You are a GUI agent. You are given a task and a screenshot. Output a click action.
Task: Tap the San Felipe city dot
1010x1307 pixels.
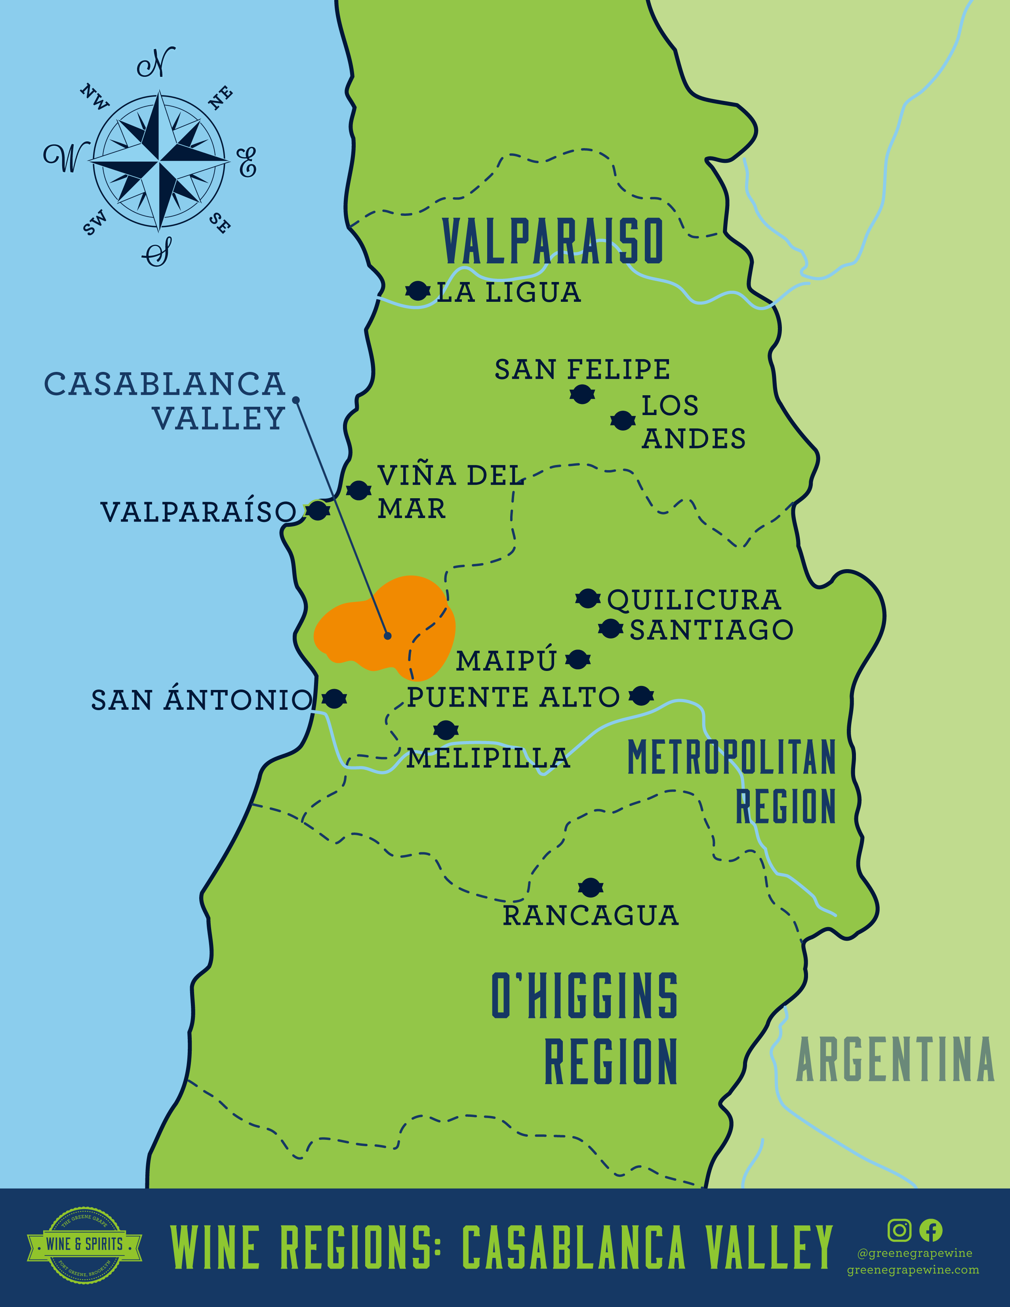point(581,394)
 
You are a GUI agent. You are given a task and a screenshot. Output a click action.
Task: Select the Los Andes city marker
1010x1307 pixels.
point(622,421)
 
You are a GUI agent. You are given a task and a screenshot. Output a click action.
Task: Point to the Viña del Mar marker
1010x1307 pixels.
point(358,491)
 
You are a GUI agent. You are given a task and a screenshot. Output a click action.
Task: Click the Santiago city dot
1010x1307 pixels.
point(610,629)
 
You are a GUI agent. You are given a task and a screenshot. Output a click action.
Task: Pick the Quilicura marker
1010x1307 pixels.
point(587,598)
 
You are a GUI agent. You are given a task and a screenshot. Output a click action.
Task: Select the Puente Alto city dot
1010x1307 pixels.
point(641,695)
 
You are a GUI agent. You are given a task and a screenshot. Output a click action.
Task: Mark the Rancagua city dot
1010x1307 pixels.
point(590,888)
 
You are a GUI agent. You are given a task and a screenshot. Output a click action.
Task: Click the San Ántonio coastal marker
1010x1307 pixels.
point(334,698)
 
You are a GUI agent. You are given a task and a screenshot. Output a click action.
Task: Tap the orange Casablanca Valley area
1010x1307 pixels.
point(383,629)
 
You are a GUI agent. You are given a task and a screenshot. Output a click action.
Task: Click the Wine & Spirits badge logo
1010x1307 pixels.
point(84,1244)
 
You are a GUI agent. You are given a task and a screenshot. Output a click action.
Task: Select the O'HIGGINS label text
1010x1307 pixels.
point(584,996)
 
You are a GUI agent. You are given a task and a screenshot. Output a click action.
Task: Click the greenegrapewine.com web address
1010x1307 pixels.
point(913,1270)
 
